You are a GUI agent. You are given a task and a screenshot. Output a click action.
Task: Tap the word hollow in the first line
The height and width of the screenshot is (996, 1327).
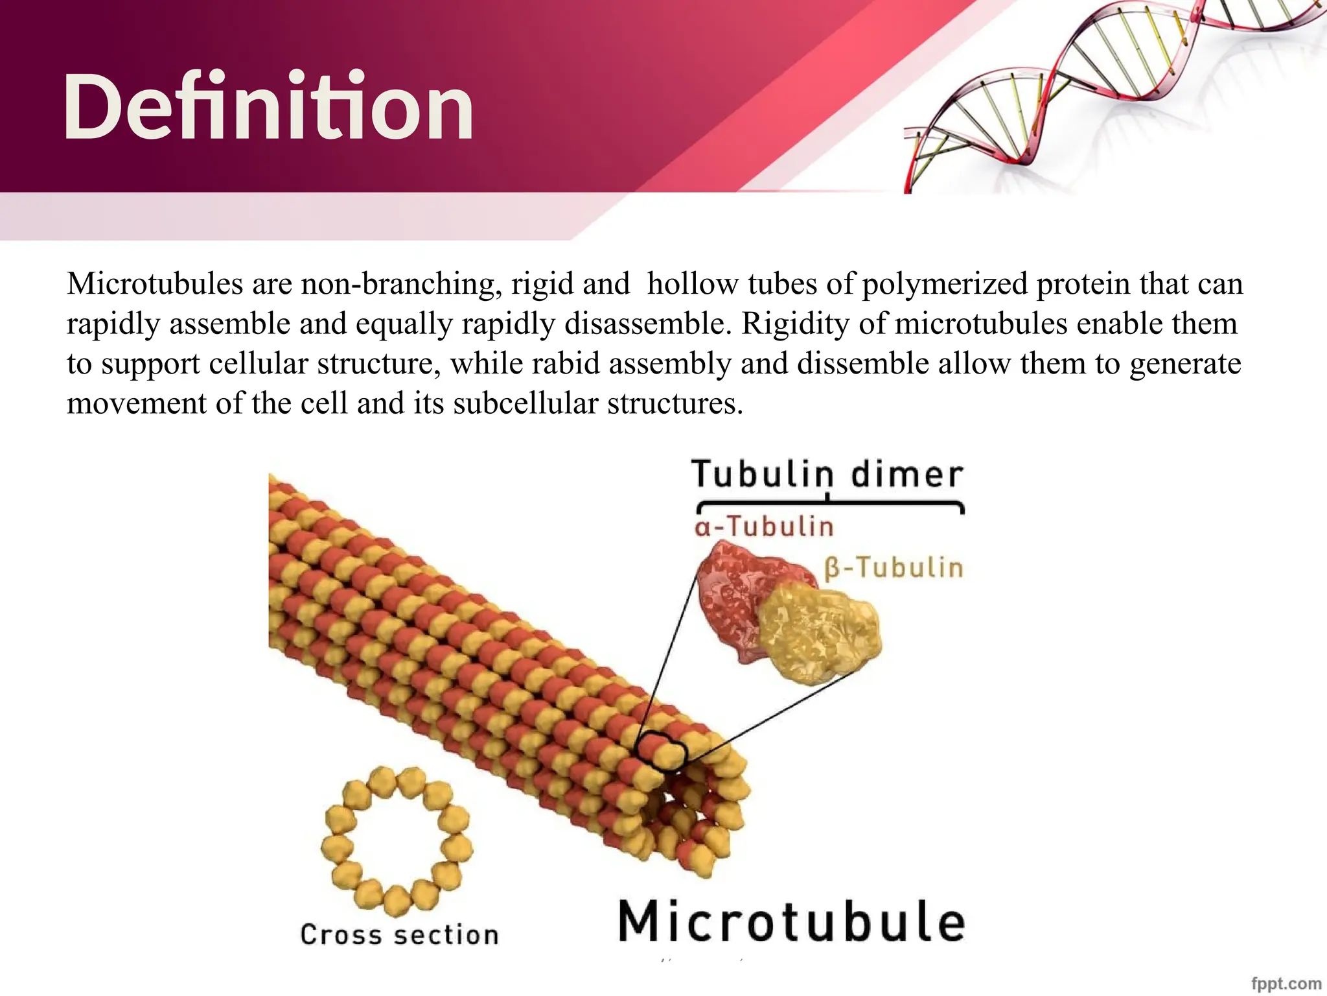(692, 284)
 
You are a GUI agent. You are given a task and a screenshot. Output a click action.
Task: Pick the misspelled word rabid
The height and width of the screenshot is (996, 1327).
(565, 363)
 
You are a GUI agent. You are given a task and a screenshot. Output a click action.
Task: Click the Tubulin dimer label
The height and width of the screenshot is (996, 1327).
(827, 474)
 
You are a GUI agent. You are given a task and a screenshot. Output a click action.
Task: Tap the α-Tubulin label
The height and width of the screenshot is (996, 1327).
(764, 527)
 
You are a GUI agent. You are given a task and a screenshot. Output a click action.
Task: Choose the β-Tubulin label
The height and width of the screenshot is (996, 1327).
(894, 568)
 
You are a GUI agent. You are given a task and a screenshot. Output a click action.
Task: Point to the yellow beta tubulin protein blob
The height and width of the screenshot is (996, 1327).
(820, 635)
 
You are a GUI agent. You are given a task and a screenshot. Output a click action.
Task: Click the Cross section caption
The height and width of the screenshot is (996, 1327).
(399, 934)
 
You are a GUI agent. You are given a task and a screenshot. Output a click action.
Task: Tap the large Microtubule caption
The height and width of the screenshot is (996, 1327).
(791, 921)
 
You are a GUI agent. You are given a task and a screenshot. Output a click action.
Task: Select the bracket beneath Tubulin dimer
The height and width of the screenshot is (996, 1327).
(830, 504)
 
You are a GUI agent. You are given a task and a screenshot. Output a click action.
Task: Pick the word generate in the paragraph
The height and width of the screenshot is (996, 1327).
(1185, 363)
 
